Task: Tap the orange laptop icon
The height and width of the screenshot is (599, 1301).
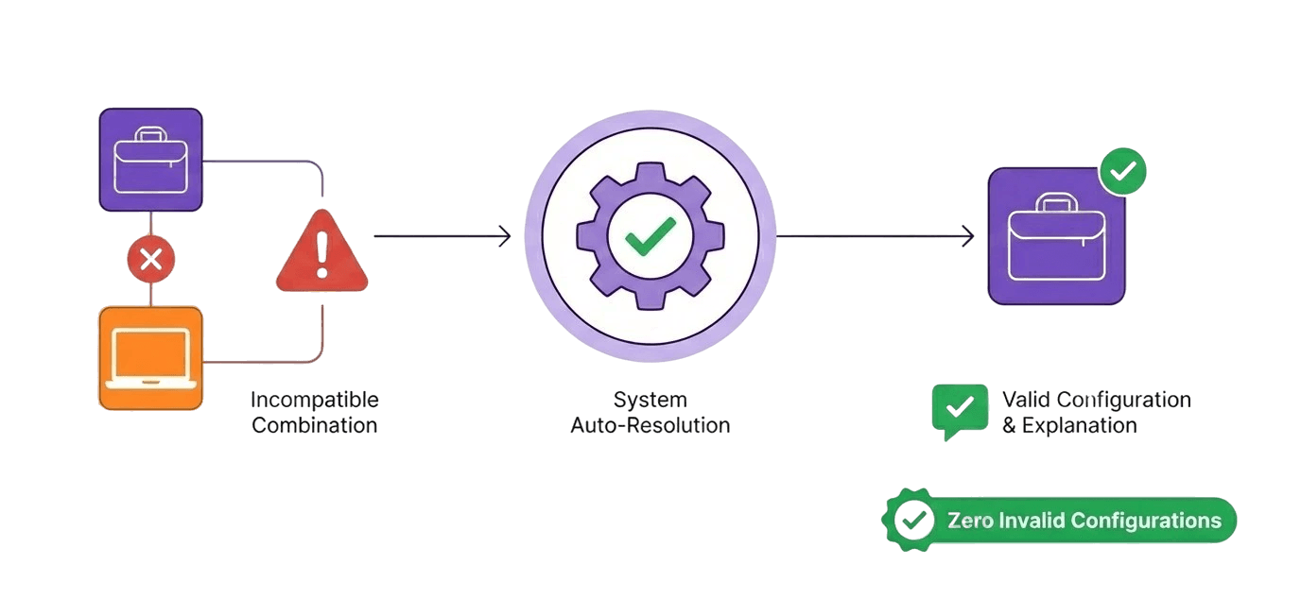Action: [x=150, y=358]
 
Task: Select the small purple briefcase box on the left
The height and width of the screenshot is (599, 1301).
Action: [x=151, y=160]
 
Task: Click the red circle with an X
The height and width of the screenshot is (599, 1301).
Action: [x=150, y=259]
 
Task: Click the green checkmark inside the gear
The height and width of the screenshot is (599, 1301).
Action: [x=650, y=236]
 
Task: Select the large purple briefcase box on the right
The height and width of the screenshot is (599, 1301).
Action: [x=1056, y=236]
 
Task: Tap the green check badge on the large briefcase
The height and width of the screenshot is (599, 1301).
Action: [x=1122, y=172]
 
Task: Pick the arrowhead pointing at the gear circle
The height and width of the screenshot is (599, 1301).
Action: [x=505, y=236]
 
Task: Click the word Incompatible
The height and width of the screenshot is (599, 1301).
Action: [x=314, y=400]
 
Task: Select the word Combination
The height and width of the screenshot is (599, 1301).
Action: [x=314, y=425]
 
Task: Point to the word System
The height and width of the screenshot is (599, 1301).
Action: [x=650, y=400]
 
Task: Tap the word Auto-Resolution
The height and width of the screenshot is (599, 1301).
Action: [x=650, y=425]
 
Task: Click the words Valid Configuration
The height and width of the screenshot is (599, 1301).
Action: [x=1096, y=400]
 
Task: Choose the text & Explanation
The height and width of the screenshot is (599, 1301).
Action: [x=1068, y=425]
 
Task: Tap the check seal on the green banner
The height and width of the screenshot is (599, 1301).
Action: [x=912, y=520]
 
